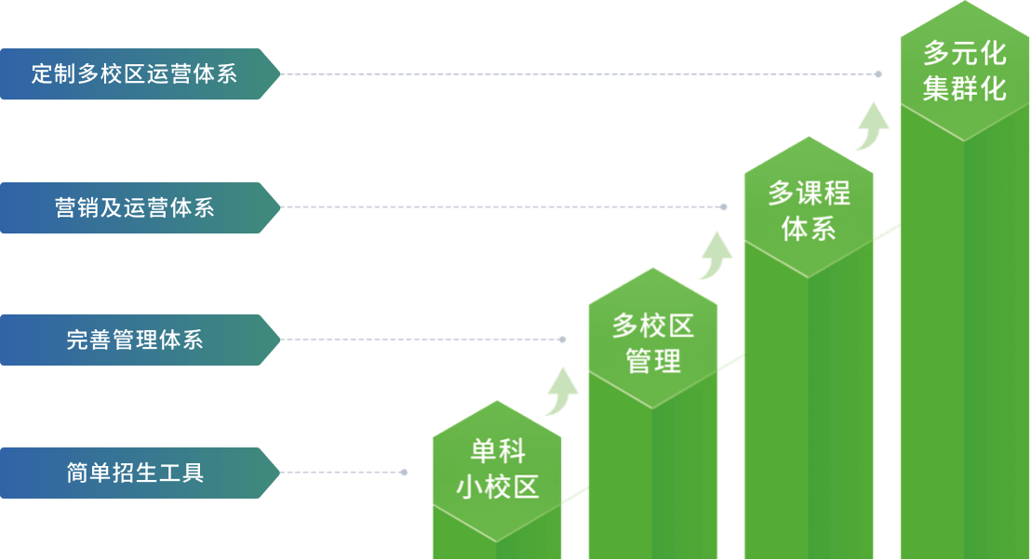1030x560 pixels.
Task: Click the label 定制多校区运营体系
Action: pyautogui.click(x=134, y=73)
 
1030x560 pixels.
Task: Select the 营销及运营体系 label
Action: pyautogui.click(x=134, y=207)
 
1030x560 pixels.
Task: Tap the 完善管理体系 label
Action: pyautogui.click(x=134, y=340)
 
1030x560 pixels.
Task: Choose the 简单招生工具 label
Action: pyautogui.click(x=134, y=473)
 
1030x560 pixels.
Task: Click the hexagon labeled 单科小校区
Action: pyautogui.click(x=497, y=471)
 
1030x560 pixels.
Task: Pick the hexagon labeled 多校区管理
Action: pyautogui.click(x=653, y=340)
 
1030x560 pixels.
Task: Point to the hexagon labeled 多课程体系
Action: pyautogui.click(x=809, y=207)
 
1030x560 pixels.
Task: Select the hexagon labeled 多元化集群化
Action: pyautogui.click(x=965, y=73)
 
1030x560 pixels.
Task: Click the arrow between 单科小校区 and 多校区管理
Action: pyautogui.click(x=560, y=391)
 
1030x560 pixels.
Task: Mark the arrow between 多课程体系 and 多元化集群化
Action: pyautogui.click(x=872, y=125)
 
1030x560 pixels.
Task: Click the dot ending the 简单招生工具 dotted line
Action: pyautogui.click(x=404, y=473)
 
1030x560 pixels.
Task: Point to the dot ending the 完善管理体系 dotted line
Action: pyautogui.click(x=562, y=340)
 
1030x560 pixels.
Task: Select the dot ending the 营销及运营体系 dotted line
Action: pyautogui.click(x=724, y=207)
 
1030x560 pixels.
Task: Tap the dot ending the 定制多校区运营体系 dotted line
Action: pyautogui.click(x=879, y=73)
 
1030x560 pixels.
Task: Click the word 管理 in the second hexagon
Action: pyautogui.click(x=653, y=361)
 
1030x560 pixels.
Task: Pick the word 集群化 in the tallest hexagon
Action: pyautogui.click(x=965, y=89)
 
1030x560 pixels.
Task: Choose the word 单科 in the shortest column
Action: pyautogui.click(x=497, y=453)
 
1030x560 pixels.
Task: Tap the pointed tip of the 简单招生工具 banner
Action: pyautogui.click(x=277, y=473)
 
